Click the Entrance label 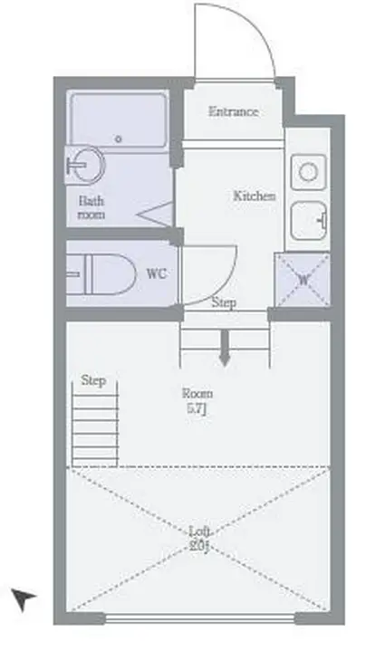pos(233,112)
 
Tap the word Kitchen pos(254,196)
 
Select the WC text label pos(155,273)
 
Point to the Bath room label pos(91,208)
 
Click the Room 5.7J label pos(197,400)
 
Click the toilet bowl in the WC pos(103,273)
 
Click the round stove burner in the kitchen pos(307,170)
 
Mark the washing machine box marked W pos(303,279)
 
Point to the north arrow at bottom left pos(24,598)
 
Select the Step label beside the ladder pos(93,381)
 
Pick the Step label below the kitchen pos(224,303)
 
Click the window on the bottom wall pos(199,619)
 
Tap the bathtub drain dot pos(119,139)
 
